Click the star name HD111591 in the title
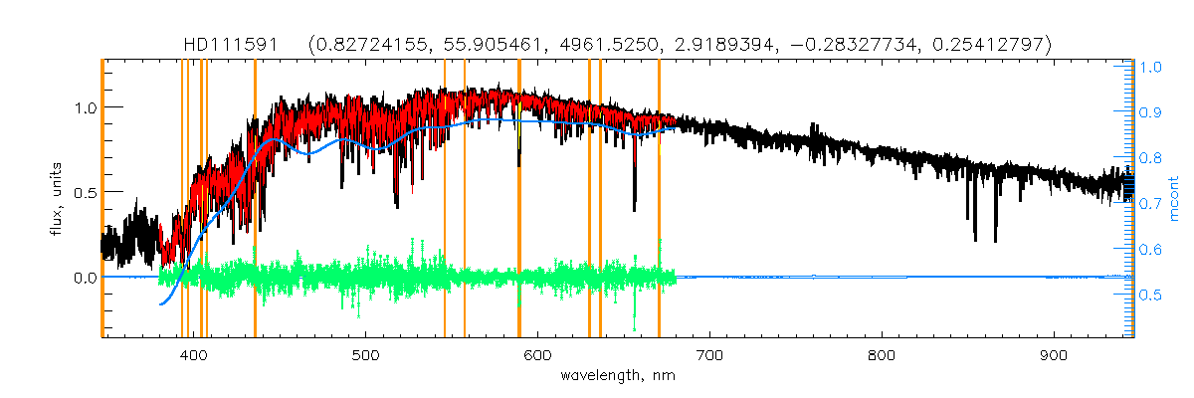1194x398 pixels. pyautogui.click(x=232, y=45)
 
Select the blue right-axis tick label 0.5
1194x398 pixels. pyautogui.click(x=1150, y=296)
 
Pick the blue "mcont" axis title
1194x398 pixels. pyautogui.click(x=1175, y=199)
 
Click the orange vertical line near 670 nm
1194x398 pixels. pyautogui.click(x=659, y=199)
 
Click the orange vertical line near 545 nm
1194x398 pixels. pyautogui.click(x=445, y=199)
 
